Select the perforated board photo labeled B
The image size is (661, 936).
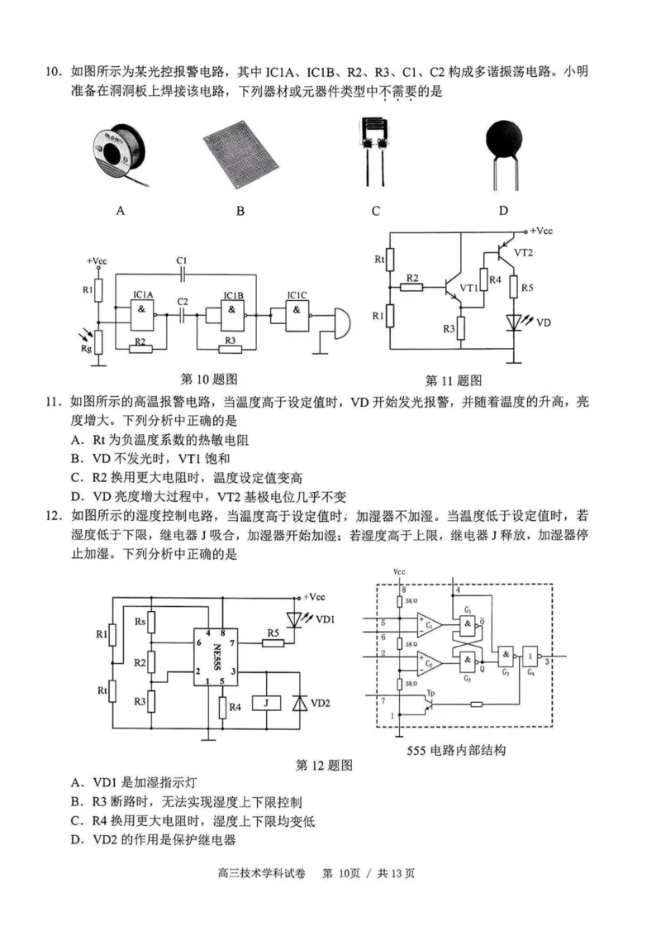tap(240, 155)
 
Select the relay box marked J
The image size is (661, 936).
tap(266, 703)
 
